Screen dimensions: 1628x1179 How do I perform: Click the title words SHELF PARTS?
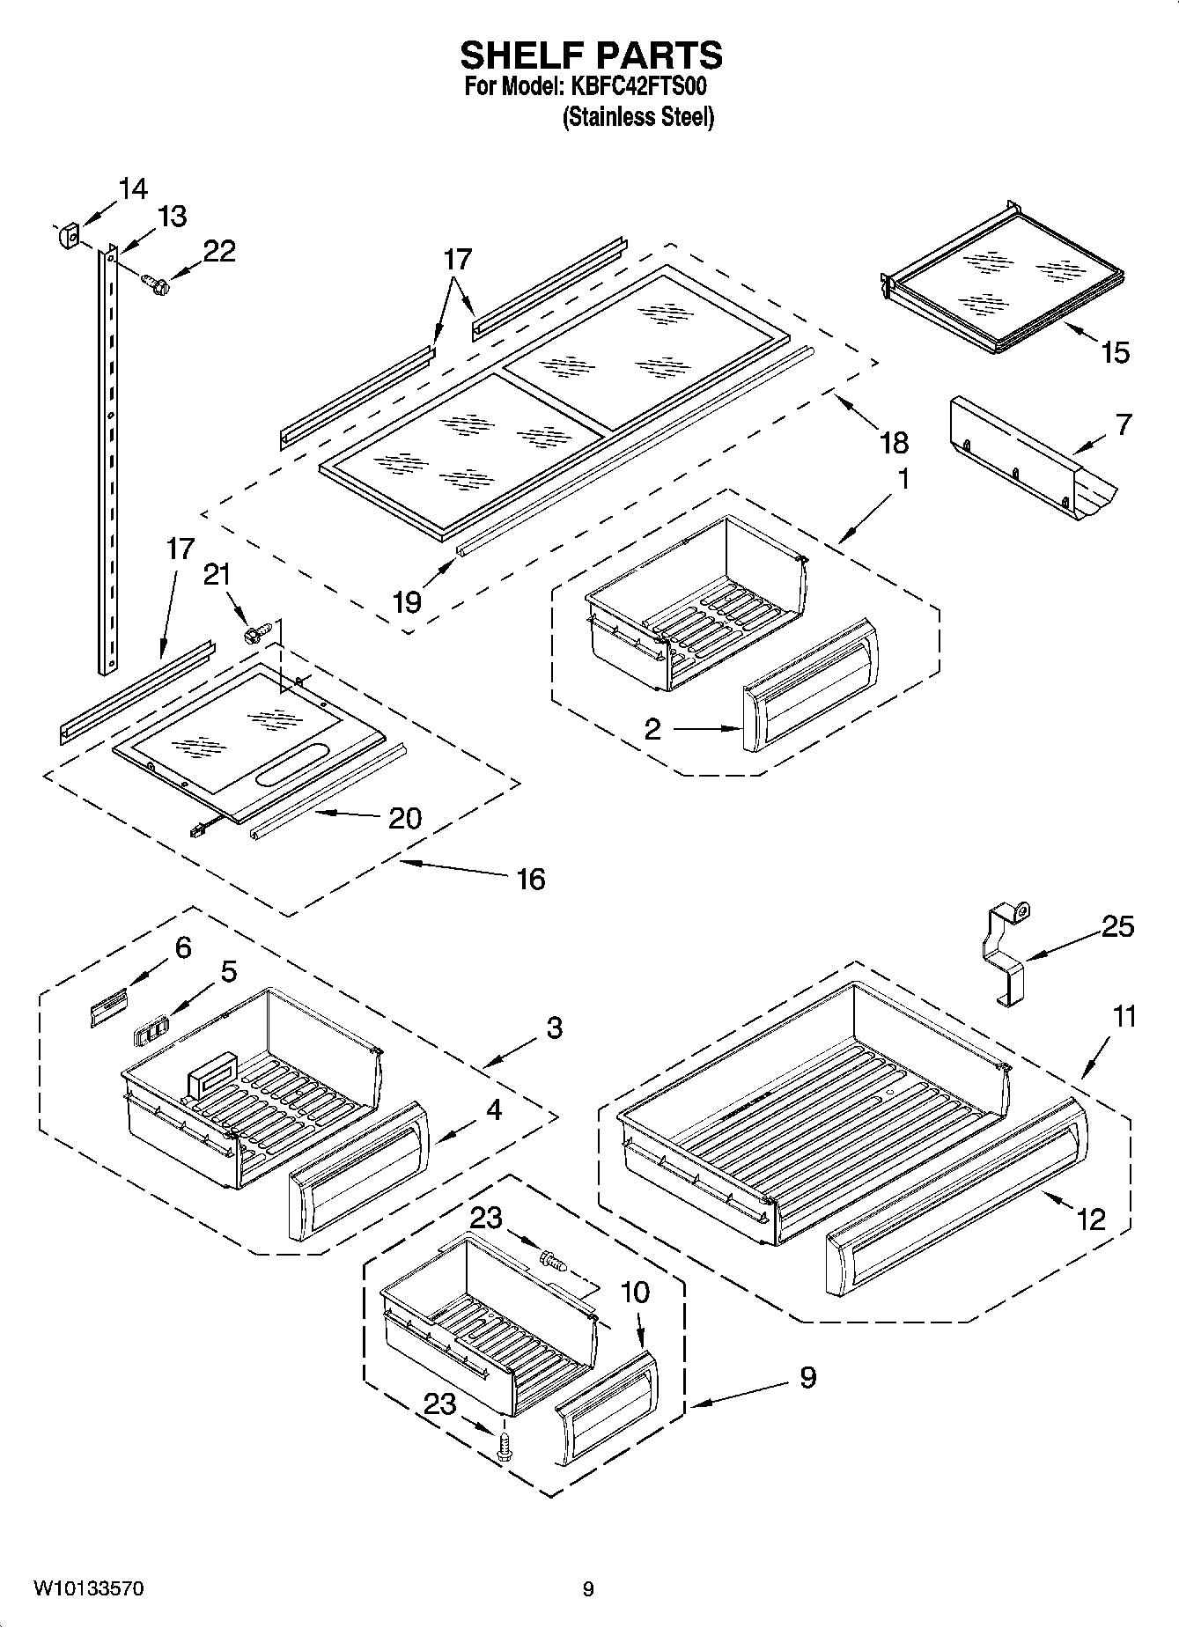[x=591, y=55]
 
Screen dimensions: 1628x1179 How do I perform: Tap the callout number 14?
[x=133, y=188]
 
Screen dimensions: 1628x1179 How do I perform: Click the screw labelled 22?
[x=156, y=284]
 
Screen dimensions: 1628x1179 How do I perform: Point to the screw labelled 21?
[x=256, y=631]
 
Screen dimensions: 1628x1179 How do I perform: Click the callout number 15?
[x=1114, y=352]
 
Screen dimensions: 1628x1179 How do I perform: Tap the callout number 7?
[x=1123, y=424]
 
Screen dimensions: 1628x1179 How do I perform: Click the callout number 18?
[x=892, y=442]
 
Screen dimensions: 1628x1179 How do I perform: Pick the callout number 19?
[x=406, y=601]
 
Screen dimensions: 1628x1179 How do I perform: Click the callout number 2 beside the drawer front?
[x=652, y=729]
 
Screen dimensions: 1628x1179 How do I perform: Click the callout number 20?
[x=405, y=818]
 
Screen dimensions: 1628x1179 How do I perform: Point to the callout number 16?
[x=531, y=878]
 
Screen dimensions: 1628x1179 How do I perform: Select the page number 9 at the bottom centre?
[x=588, y=1589]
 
